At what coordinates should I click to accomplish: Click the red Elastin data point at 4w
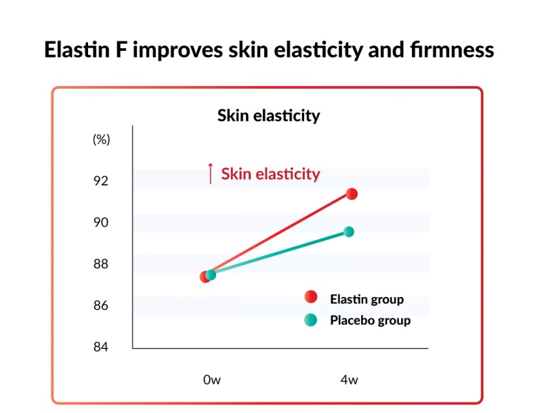352,194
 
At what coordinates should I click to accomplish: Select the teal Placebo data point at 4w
349,232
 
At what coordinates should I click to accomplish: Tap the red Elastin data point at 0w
205,276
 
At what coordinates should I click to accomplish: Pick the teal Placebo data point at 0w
211,275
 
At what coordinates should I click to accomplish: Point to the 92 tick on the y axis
101,181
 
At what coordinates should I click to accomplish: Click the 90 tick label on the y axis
101,222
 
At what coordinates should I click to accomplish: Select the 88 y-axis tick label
101,264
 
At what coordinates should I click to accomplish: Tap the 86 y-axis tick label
101,305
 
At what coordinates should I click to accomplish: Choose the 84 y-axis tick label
101,347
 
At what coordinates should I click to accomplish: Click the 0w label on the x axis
211,380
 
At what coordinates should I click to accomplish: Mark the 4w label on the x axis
349,380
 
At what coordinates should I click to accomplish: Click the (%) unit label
101,140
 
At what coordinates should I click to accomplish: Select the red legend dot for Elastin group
311,297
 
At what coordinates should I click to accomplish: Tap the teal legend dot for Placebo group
311,320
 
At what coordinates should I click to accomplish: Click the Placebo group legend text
370,320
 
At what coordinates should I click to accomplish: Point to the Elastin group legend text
367,299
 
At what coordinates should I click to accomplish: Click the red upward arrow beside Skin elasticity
210,174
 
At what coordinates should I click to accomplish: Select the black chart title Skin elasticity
268,116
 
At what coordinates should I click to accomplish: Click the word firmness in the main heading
451,51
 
